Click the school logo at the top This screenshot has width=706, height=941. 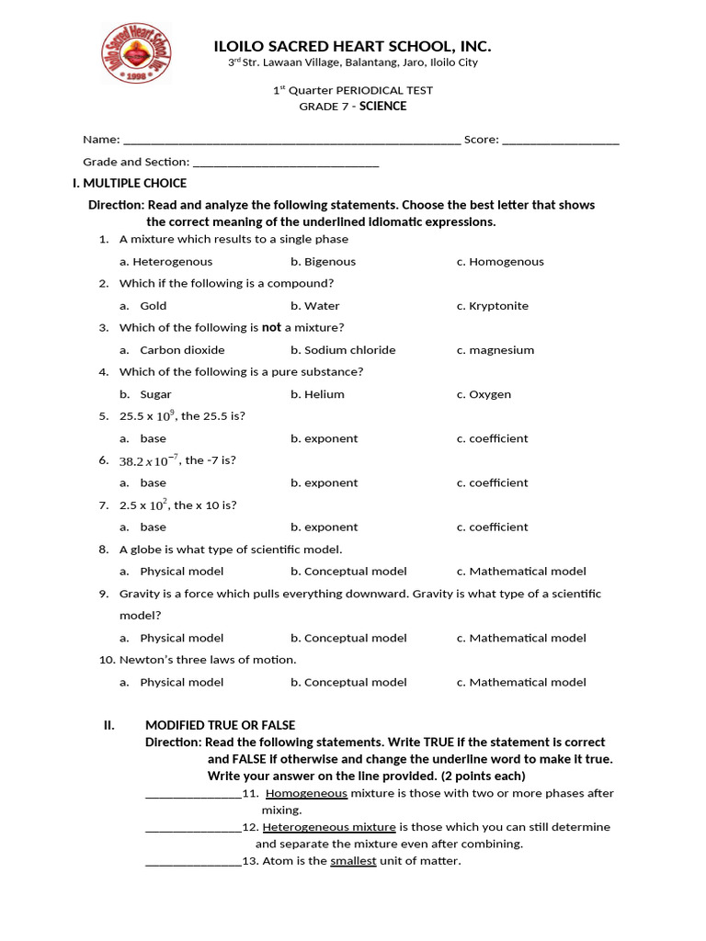(x=136, y=53)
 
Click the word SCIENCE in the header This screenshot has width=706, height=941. (x=382, y=106)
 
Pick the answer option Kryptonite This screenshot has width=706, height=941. (x=498, y=306)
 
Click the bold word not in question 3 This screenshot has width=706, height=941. (x=271, y=327)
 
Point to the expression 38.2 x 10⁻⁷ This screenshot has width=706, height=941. (x=150, y=460)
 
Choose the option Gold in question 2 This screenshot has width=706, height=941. (x=153, y=306)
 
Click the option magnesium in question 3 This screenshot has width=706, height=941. (x=501, y=350)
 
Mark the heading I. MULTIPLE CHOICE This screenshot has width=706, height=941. (x=130, y=184)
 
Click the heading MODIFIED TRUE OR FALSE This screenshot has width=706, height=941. (x=220, y=725)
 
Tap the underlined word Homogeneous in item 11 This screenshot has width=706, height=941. (x=306, y=793)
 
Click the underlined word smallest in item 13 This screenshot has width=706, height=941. (x=353, y=861)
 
